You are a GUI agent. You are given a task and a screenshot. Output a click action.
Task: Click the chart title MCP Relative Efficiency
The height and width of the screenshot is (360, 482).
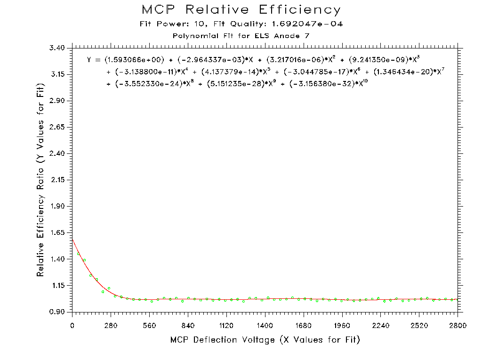[x=241, y=10]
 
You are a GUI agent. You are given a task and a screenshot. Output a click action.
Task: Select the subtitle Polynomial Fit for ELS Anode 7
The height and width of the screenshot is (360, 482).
[x=241, y=36]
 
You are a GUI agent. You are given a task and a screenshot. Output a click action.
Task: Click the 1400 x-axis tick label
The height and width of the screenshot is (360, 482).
[x=265, y=325]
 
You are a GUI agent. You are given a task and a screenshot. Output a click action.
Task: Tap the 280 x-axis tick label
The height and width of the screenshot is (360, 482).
[x=111, y=325]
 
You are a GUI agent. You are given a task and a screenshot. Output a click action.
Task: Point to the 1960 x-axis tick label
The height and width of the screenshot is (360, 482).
[x=342, y=325]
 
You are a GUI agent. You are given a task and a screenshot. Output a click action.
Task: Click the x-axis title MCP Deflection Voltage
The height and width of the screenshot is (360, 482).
[x=265, y=340]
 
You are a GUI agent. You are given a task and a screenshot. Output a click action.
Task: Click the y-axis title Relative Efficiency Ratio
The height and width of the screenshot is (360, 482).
[x=41, y=180]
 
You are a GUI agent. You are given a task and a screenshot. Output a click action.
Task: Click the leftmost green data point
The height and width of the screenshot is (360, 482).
[x=78, y=254]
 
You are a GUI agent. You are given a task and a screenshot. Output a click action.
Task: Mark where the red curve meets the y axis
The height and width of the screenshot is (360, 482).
[x=72, y=239]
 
